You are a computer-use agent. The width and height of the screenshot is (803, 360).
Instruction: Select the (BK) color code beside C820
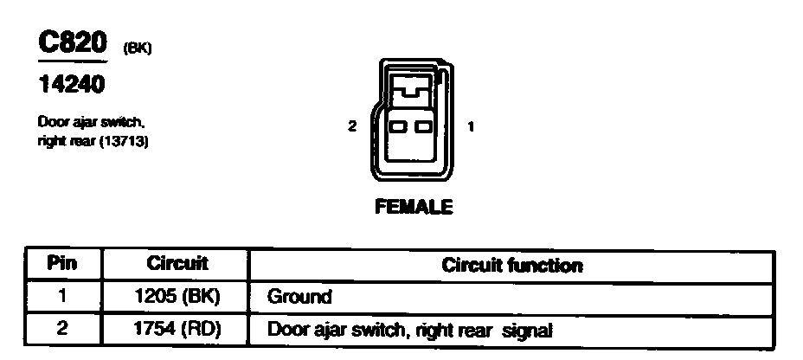click(x=138, y=49)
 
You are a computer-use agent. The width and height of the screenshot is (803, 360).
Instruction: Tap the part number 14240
click(x=73, y=86)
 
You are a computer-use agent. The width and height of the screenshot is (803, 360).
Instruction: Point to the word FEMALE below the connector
click(x=414, y=208)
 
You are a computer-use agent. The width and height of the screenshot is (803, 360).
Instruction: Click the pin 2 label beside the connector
click(x=352, y=126)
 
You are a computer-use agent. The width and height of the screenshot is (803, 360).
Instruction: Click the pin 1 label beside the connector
click(x=470, y=126)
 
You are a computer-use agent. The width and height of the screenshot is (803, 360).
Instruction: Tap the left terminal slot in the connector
click(x=399, y=127)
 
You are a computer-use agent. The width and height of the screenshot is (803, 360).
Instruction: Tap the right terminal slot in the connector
click(x=423, y=127)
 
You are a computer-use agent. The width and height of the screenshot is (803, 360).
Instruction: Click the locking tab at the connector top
click(x=411, y=85)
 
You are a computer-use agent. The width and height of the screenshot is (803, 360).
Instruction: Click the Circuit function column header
click(x=511, y=265)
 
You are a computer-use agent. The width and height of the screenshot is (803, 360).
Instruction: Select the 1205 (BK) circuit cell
click(x=177, y=297)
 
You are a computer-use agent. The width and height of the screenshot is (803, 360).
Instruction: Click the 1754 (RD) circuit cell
click(x=177, y=329)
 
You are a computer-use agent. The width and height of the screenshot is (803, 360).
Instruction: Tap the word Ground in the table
click(x=299, y=297)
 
